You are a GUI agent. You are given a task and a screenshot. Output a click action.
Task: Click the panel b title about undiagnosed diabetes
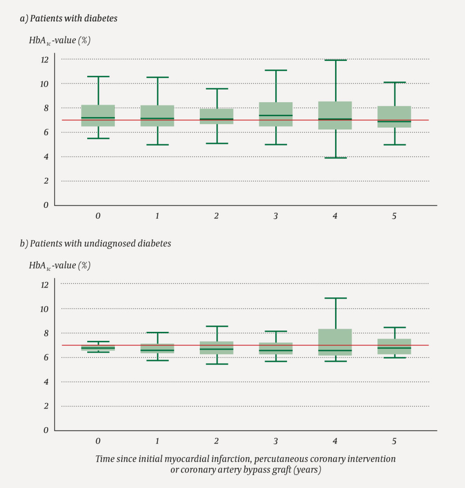pyautogui.click(x=100, y=244)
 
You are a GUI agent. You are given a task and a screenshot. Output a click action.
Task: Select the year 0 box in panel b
pyautogui.click(x=98, y=348)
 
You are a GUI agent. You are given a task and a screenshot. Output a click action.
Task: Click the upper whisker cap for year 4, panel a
pyautogui.click(x=336, y=60)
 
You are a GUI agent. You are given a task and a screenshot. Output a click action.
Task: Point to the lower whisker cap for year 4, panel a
pyautogui.click(x=336, y=158)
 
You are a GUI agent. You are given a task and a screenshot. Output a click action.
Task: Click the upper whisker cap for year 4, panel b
pyautogui.click(x=336, y=298)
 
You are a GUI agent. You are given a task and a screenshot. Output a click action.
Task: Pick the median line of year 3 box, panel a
pyautogui.click(x=276, y=115)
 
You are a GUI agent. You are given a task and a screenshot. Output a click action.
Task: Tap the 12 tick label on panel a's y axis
pyautogui.click(x=44, y=59)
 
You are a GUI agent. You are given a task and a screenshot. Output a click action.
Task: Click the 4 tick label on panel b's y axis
pyautogui.click(x=45, y=382)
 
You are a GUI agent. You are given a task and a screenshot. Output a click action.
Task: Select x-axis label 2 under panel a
pyautogui.click(x=216, y=216)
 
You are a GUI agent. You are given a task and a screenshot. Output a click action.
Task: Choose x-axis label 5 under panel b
pyautogui.click(x=394, y=441)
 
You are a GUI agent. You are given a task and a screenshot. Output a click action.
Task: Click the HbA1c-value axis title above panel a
pyautogui.click(x=59, y=40)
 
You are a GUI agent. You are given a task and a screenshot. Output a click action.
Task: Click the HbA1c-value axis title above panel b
pyautogui.click(x=59, y=266)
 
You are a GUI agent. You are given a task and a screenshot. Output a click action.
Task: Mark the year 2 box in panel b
pyautogui.click(x=217, y=348)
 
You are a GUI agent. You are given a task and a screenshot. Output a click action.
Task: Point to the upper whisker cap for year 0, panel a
pyautogui.click(x=98, y=77)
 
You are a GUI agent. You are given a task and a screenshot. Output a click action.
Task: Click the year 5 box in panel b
pyautogui.click(x=395, y=346)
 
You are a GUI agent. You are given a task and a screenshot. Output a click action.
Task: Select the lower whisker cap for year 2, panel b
pyautogui.click(x=217, y=364)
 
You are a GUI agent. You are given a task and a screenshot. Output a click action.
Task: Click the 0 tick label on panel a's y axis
pyautogui.click(x=45, y=205)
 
